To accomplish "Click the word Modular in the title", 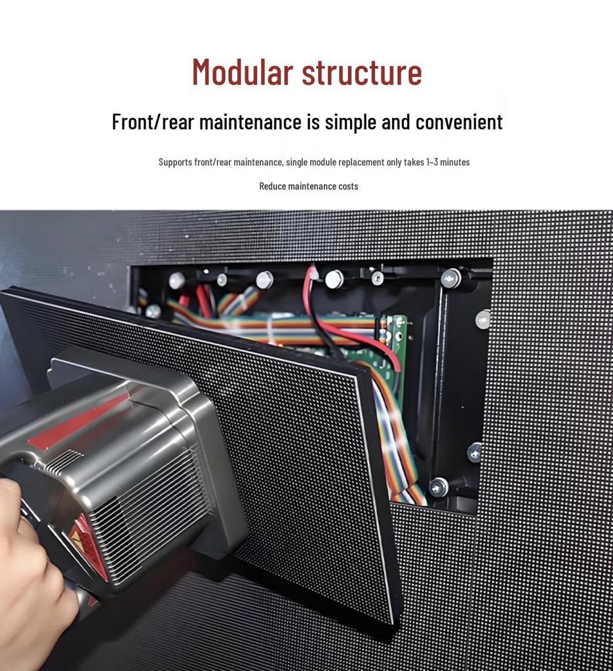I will (x=242, y=72).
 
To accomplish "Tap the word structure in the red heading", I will (x=362, y=72).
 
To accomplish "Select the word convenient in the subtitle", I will (x=459, y=122).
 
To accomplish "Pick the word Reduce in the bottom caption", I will (x=272, y=186).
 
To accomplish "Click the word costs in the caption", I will (x=348, y=186).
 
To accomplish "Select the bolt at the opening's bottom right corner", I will (x=438, y=487).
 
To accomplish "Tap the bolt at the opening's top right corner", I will (x=450, y=278).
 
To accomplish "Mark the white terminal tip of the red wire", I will (x=313, y=271).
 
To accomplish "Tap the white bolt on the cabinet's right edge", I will (x=483, y=319).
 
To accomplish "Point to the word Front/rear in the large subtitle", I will (x=153, y=122).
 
